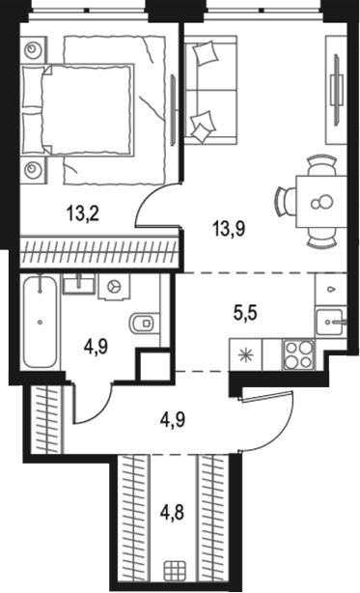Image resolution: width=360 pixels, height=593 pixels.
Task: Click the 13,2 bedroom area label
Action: pyautogui.click(x=83, y=214)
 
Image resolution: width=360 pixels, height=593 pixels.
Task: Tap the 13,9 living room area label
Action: pyautogui.click(x=230, y=228)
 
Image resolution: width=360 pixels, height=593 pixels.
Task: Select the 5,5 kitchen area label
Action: pyautogui.click(x=245, y=313)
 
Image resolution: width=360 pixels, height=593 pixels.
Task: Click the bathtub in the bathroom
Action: pyautogui.click(x=40, y=323)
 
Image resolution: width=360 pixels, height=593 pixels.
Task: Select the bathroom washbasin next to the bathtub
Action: pyautogui.click(x=78, y=284)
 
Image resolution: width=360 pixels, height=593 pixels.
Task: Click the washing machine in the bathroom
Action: pyautogui.click(x=114, y=287)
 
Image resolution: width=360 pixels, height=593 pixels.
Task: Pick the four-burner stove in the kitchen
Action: pyautogui.click(x=298, y=354)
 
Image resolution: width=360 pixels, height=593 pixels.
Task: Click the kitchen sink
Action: pyautogui.click(x=331, y=322)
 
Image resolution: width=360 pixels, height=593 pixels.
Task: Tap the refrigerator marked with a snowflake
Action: pyautogui.click(x=245, y=354)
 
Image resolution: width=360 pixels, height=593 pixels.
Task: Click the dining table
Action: pyautogui.click(x=321, y=202)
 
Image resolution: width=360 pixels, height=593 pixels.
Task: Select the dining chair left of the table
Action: pyautogui.click(x=286, y=202)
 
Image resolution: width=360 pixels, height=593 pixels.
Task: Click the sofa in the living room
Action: pyautogui.click(x=210, y=90)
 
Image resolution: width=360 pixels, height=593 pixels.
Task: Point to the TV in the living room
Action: pyautogui.click(x=336, y=90)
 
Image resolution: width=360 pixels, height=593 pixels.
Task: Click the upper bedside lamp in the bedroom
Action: pyautogui.click(x=33, y=49)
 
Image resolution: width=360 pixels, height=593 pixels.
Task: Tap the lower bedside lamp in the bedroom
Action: pyautogui.click(x=33, y=169)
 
